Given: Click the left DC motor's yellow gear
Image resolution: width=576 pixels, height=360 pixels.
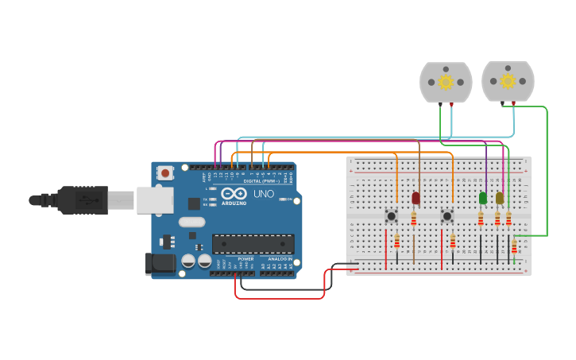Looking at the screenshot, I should click(446, 82).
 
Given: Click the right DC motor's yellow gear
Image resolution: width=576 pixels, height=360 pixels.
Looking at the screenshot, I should click(508, 81).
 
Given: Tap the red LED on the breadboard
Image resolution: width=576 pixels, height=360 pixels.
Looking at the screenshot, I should click(416, 198).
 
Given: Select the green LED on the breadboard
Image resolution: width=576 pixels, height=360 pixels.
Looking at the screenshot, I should click(482, 198).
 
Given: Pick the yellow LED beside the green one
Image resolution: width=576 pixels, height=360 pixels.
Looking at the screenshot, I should click(499, 198).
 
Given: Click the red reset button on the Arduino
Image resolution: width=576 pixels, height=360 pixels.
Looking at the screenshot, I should click(165, 172).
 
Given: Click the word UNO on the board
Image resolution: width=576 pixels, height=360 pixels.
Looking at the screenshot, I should click(263, 194).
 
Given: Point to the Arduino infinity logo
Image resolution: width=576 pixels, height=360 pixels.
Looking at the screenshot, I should click(234, 193).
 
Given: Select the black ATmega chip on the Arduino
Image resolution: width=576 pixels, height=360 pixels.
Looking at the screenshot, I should click(253, 244).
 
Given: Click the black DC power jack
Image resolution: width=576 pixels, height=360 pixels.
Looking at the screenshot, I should click(160, 264).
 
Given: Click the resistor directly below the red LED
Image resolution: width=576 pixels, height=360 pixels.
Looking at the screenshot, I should click(413, 218).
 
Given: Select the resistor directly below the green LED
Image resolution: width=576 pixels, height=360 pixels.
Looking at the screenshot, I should click(481, 218).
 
